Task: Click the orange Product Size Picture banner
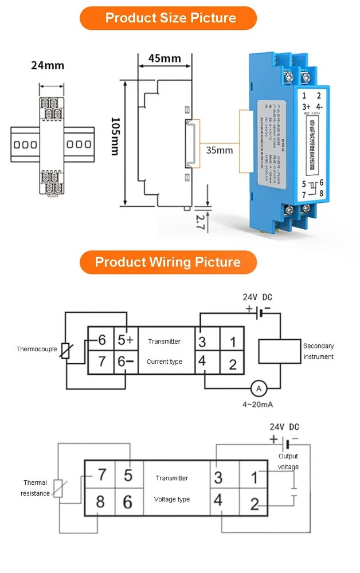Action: pyautogui.click(x=170, y=18)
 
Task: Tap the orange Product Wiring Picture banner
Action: pyautogui.click(x=167, y=262)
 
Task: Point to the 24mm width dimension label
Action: pyautogui.click(x=48, y=65)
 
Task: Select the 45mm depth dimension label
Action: pyautogui.click(x=165, y=58)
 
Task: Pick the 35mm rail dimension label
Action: pyautogui.click(x=219, y=151)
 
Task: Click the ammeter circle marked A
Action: pyautogui.click(x=259, y=389)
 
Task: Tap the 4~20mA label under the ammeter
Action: pyautogui.click(x=258, y=405)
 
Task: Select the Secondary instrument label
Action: pyautogui.click(x=318, y=351)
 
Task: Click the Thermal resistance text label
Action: pyautogui.click(x=35, y=488)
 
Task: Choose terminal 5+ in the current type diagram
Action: pyautogui.click(x=125, y=340)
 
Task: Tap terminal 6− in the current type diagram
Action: pyautogui.click(x=125, y=362)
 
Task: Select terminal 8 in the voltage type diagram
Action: pyautogui.click(x=100, y=503)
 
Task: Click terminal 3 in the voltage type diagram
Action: pyautogui.click(x=218, y=477)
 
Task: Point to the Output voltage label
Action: pyautogui.click(x=288, y=462)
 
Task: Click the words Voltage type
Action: pyautogui.click(x=172, y=499)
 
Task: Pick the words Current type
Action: pyautogui.click(x=165, y=362)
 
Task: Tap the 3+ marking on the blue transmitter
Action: pyautogui.click(x=306, y=107)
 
